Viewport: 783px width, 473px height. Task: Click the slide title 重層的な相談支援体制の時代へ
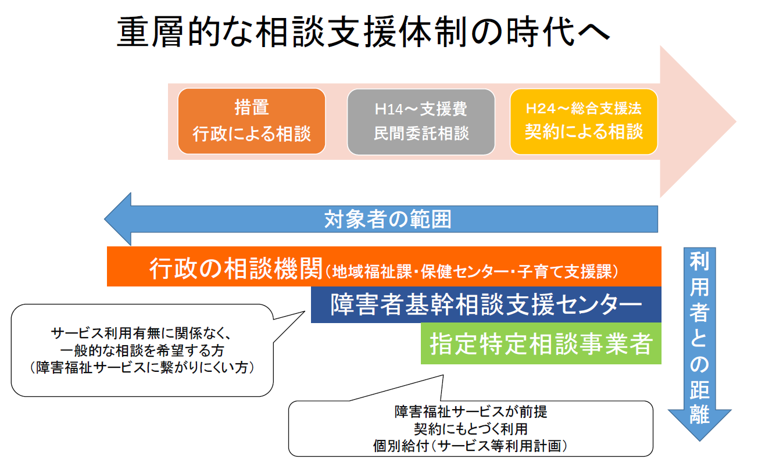click(x=363, y=32)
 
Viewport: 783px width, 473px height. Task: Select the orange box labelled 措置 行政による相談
click(x=252, y=121)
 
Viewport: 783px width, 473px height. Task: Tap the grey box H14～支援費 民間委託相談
click(x=421, y=121)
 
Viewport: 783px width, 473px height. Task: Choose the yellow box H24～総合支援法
click(x=584, y=121)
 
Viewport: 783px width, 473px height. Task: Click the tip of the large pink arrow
click(x=736, y=121)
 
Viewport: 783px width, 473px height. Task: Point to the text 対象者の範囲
click(x=388, y=220)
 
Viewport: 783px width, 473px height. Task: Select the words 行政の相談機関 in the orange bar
click(x=236, y=268)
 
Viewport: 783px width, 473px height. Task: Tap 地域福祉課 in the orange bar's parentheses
click(x=372, y=272)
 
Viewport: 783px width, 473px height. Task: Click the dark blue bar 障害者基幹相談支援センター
click(x=486, y=304)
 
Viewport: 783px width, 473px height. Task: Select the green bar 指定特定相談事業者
click(x=541, y=344)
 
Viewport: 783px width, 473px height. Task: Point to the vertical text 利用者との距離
click(x=699, y=338)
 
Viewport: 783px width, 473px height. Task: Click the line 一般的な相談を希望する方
click(x=142, y=350)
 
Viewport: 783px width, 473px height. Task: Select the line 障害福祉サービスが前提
click(x=471, y=412)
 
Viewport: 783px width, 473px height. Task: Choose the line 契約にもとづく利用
click(x=471, y=429)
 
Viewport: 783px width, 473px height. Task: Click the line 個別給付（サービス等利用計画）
click(x=471, y=446)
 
